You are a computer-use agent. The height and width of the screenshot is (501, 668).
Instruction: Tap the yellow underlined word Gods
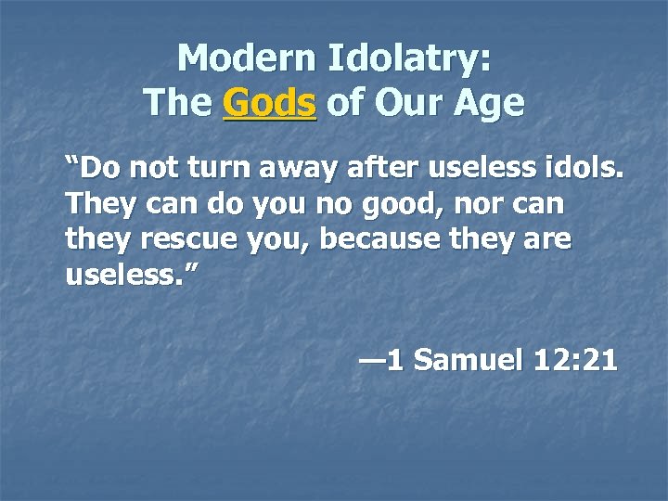[x=270, y=103]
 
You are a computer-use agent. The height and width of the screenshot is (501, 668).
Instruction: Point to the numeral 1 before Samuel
[x=396, y=359]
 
